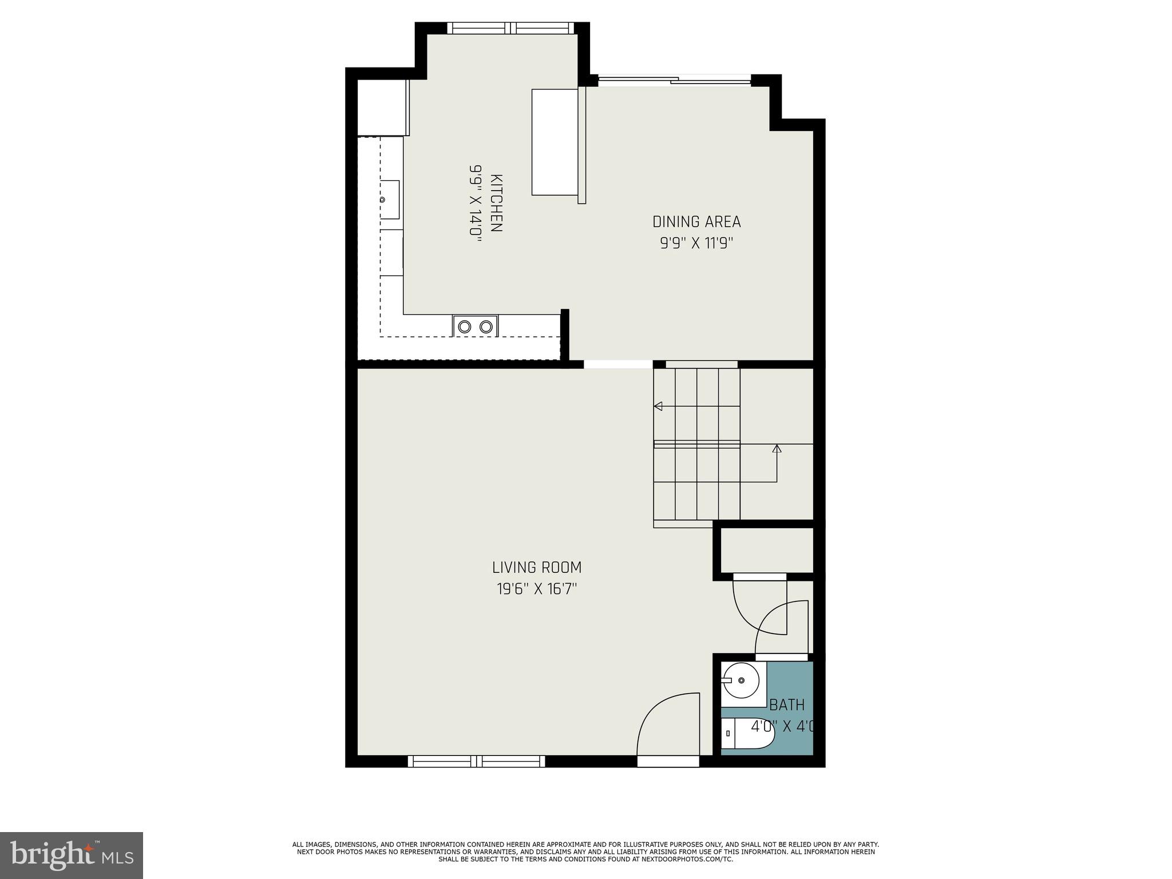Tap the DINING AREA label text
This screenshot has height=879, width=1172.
(696, 221)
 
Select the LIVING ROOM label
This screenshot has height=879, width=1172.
(537, 568)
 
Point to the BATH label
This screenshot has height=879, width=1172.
(787, 704)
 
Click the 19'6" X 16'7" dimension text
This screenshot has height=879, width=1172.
(537, 589)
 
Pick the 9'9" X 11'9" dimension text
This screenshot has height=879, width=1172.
(696, 243)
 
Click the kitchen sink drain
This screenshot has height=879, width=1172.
(383, 200)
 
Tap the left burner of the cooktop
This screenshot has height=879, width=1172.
(465, 327)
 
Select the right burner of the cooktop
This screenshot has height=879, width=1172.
(486, 327)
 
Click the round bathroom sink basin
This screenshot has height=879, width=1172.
(742, 680)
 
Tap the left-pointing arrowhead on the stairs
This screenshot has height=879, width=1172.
(658, 406)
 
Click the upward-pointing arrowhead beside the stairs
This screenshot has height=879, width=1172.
(777, 449)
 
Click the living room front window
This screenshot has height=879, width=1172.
(476, 761)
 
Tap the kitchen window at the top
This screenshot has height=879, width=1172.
(510, 28)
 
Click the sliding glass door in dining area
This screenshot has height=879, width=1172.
(674, 81)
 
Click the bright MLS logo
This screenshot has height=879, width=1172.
(72, 855)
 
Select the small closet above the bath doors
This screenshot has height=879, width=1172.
(766, 550)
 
